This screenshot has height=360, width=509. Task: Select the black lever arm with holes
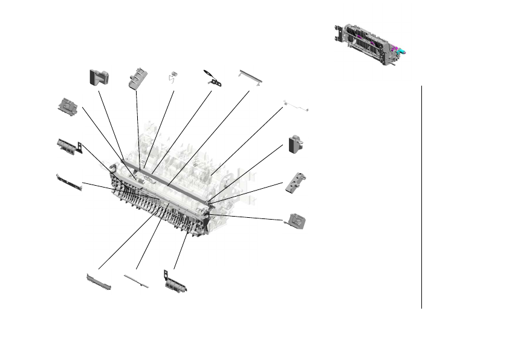click(x=211, y=77)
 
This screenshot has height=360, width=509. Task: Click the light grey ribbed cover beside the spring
click(x=137, y=78)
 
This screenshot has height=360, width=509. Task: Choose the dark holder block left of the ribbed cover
click(x=99, y=77)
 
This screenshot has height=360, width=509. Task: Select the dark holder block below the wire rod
click(x=295, y=144)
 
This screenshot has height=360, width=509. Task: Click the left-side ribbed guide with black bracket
click(x=69, y=146)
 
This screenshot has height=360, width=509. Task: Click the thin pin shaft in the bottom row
click(x=135, y=279)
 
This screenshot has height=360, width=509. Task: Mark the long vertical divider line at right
click(x=421, y=197)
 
